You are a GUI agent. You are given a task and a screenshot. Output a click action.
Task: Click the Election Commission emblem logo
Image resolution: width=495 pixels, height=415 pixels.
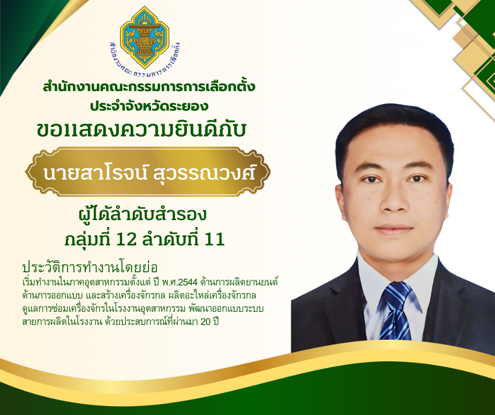click(x=145, y=37)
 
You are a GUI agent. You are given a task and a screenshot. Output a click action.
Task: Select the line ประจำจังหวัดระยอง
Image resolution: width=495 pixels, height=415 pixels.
click(x=149, y=106)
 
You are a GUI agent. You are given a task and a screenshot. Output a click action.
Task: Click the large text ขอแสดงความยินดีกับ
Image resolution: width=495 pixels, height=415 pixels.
click(x=141, y=130)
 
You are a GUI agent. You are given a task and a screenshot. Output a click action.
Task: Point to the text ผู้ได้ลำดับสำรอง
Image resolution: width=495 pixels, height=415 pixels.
click(x=142, y=214)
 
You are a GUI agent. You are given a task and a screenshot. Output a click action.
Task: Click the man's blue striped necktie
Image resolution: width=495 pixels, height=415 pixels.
click(x=396, y=311)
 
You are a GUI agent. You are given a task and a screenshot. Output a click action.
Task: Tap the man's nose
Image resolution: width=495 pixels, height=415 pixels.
click(x=394, y=201)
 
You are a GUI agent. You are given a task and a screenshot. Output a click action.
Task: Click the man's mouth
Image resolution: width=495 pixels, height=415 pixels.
click(x=394, y=229)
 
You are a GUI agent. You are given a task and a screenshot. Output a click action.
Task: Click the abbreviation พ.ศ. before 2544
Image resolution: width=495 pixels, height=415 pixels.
click(x=170, y=282)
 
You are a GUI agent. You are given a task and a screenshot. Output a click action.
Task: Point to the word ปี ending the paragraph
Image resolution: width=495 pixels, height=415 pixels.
click(x=216, y=321)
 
